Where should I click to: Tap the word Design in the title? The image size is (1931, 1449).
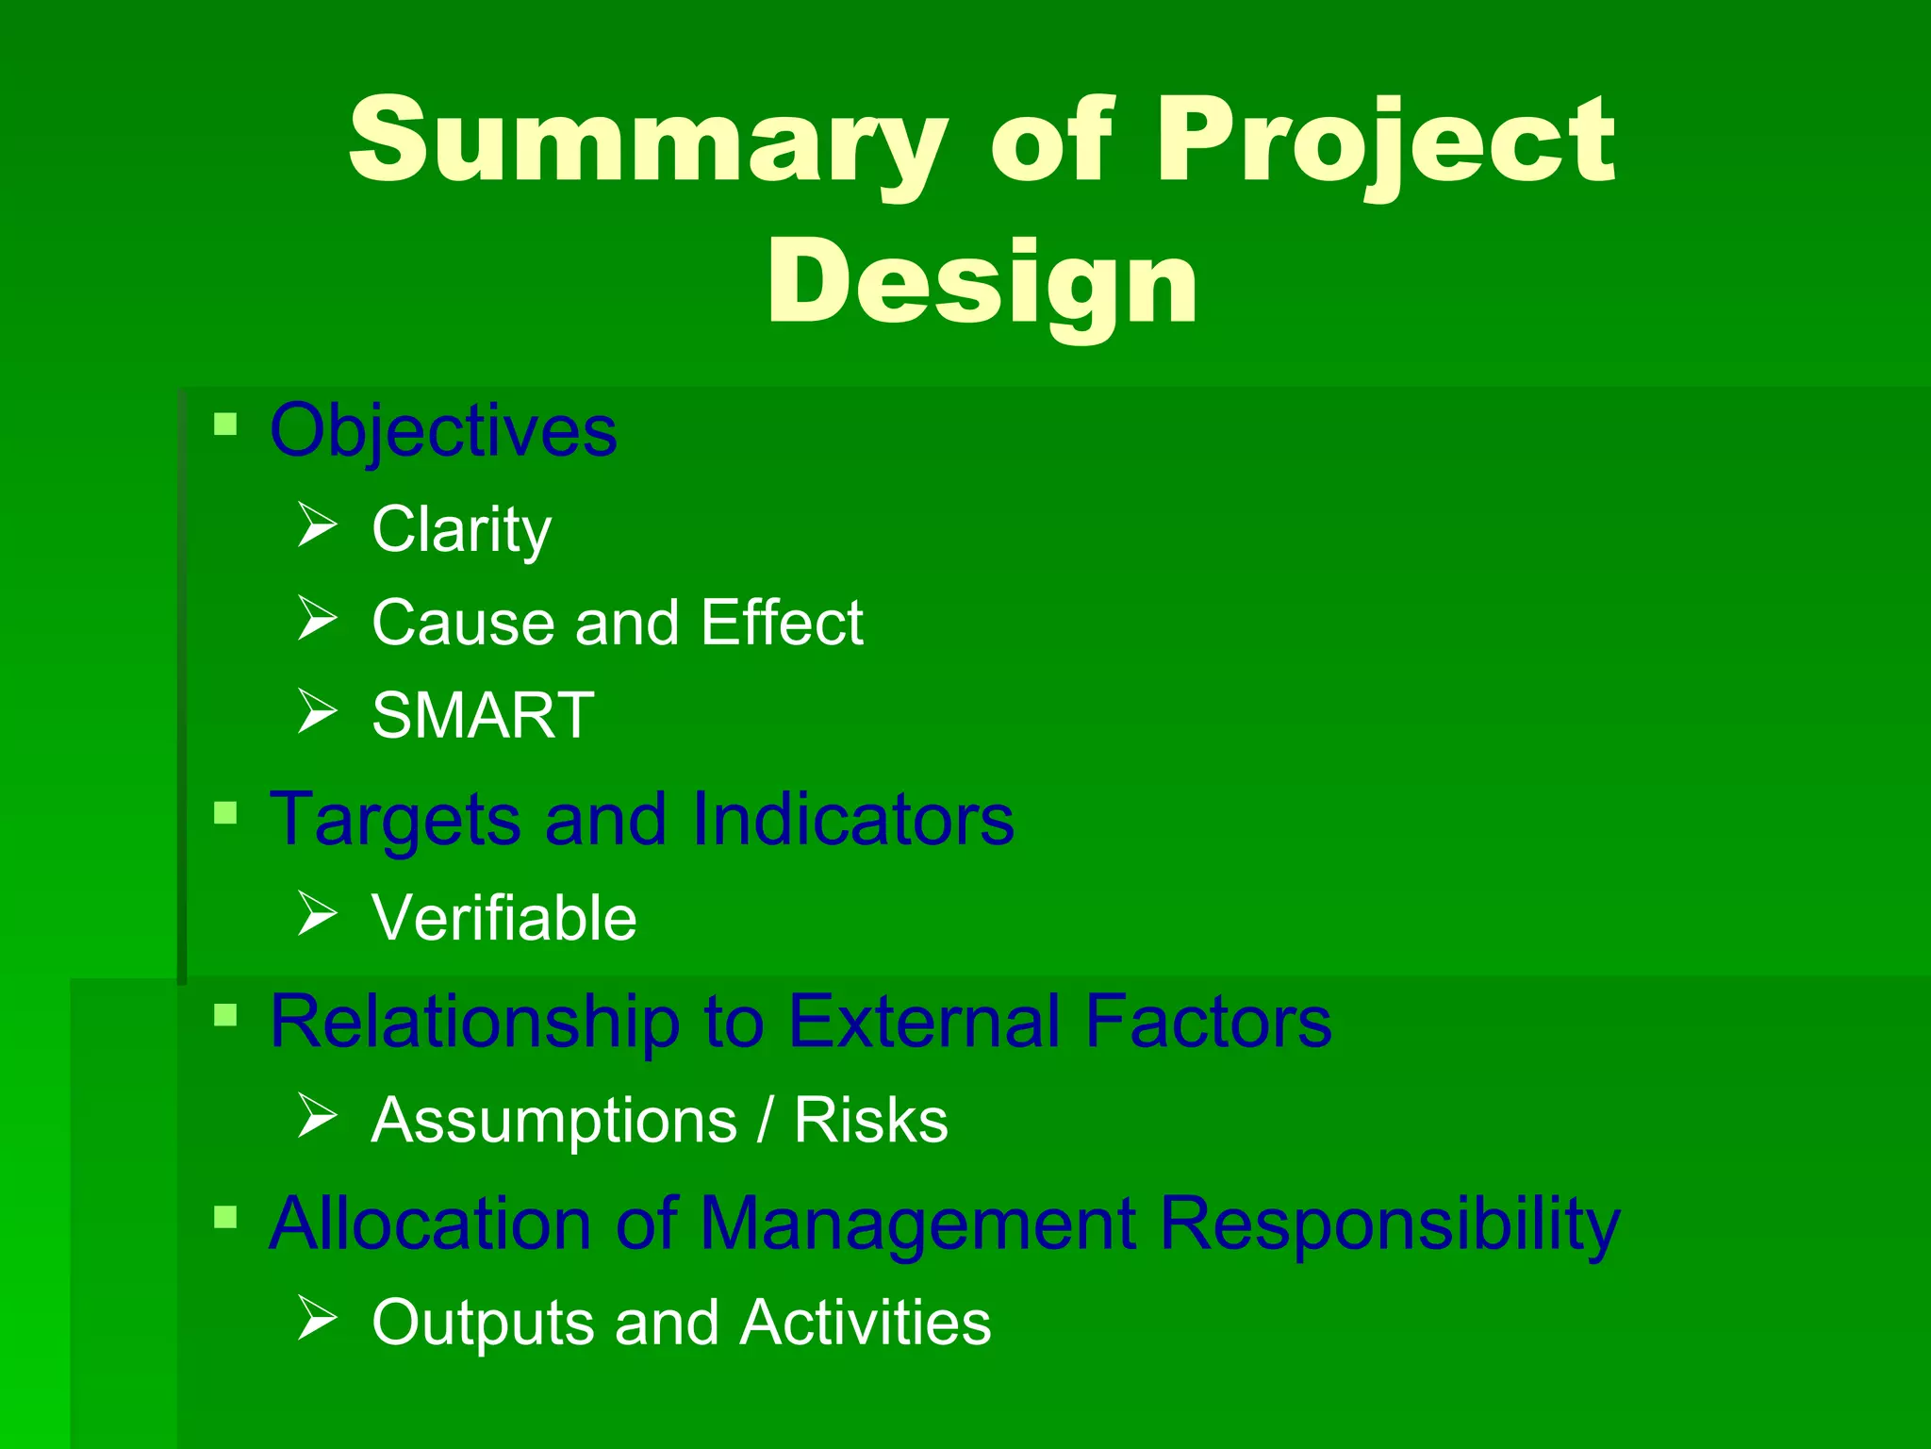tap(982, 281)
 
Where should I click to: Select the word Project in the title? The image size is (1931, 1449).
tap(1385, 142)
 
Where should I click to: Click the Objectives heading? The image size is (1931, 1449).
tap(443, 430)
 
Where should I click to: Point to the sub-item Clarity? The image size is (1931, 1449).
tap(461, 529)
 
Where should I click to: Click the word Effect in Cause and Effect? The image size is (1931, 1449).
tap(782, 623)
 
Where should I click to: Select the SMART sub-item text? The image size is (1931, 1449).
tap(483, 715)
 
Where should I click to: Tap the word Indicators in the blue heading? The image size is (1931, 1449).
tap(852, 819)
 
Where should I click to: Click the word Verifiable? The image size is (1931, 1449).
tap(504, 918)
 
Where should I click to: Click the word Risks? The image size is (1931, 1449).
tap(870, 1121)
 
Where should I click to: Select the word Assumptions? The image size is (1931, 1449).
tap(554, 1123)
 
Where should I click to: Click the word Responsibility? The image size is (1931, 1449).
tap(1390, 1224)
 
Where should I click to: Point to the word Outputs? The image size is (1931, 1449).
tap(483, 1323)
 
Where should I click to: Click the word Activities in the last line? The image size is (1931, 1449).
tap(865, 1323)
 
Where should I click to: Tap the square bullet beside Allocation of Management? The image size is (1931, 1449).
tap(225, 1217)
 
